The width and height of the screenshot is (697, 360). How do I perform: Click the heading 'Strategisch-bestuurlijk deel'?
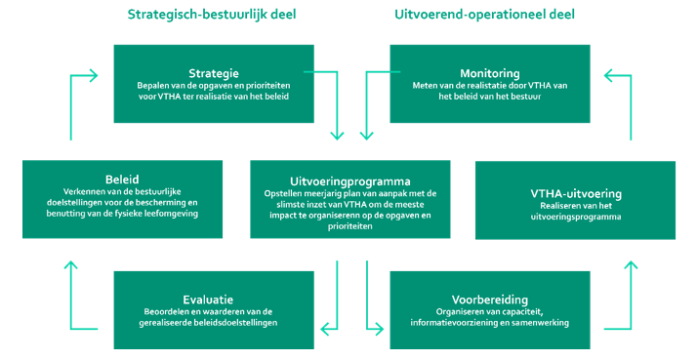[213, 15]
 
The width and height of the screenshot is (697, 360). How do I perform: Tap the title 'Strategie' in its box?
[213, 72]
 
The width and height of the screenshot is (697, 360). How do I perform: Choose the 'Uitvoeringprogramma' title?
[348, 180]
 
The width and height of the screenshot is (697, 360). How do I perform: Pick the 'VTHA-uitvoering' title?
[575, 192]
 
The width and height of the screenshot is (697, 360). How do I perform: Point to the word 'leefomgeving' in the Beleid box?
[168, 213]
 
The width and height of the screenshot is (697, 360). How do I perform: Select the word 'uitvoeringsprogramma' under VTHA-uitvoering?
[576, 218]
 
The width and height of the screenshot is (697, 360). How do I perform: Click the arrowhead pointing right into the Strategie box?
[96, 74]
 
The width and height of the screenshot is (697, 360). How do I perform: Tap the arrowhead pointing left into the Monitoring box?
[608, 74]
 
